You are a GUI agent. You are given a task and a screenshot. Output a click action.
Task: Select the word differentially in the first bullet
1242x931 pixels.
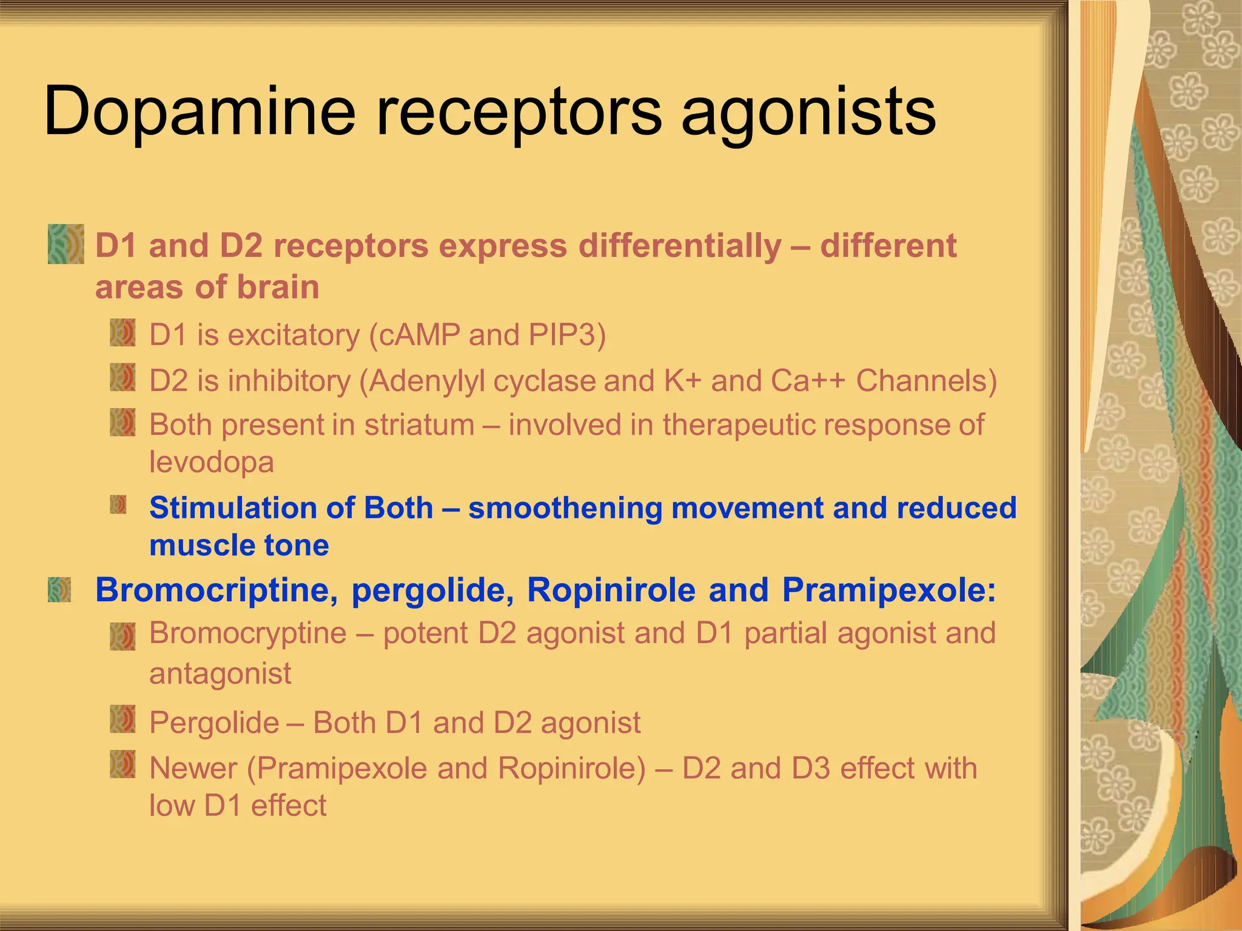680,246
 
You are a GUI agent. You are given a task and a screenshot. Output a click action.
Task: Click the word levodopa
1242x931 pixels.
212,462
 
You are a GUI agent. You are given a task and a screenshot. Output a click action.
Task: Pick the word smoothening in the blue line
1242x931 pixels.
565,508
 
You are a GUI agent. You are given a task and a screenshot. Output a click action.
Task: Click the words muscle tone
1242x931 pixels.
239,546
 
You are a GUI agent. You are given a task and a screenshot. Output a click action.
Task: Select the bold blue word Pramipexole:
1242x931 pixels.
888,590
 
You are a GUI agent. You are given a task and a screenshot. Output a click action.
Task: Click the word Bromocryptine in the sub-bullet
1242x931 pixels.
247,633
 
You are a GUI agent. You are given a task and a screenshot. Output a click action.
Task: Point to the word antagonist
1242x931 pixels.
220,673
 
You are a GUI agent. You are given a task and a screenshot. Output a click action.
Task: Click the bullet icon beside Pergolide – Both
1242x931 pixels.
123,719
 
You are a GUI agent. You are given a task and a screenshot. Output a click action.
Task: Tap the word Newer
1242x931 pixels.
193,769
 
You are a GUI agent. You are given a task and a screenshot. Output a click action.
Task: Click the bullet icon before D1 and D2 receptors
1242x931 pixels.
65,244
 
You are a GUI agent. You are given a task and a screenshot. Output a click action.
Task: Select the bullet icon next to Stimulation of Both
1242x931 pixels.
118,504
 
